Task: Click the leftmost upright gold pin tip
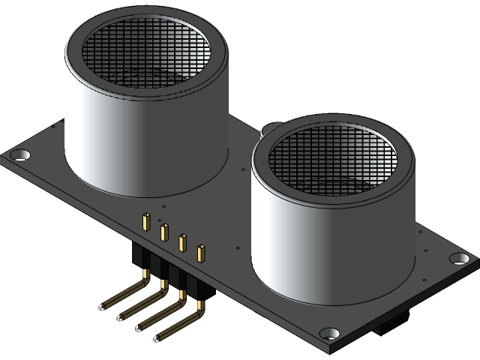coord(145,222)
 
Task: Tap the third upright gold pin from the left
coord(182,242)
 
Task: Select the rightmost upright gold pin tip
coord(200,253)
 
